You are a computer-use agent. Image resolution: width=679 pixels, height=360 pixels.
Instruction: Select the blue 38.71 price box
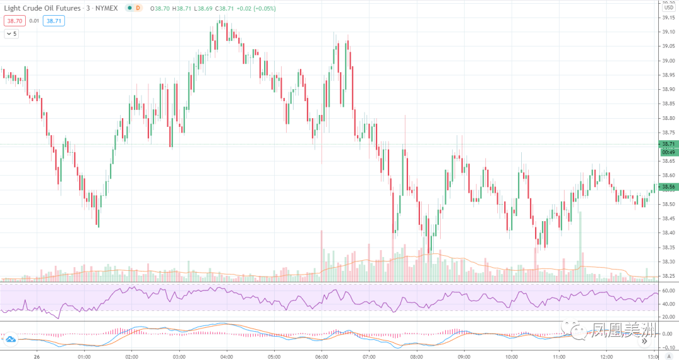click(55, 21)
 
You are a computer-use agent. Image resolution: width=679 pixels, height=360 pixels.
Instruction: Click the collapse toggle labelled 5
click(11, 34)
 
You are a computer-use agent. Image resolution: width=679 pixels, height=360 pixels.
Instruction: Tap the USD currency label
click(668, 8)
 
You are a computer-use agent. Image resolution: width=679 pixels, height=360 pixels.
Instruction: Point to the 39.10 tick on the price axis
click(668, 32)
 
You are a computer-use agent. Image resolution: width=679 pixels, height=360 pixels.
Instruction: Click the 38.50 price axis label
click(668, 204)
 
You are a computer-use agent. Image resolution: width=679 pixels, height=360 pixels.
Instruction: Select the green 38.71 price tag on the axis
click(668, 144)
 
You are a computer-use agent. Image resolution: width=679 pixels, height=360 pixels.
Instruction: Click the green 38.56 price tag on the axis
click(668, 187)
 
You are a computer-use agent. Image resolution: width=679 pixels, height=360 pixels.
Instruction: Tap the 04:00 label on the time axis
click(226, 356)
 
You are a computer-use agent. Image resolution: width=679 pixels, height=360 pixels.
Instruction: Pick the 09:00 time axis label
click(464, 356)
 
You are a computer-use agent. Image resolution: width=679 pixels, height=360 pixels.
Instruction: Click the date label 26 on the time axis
click(36, 356)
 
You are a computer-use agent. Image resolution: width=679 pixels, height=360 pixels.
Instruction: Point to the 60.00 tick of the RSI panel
click(668, 290)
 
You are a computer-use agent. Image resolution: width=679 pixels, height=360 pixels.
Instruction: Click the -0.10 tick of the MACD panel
click(668, 347)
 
